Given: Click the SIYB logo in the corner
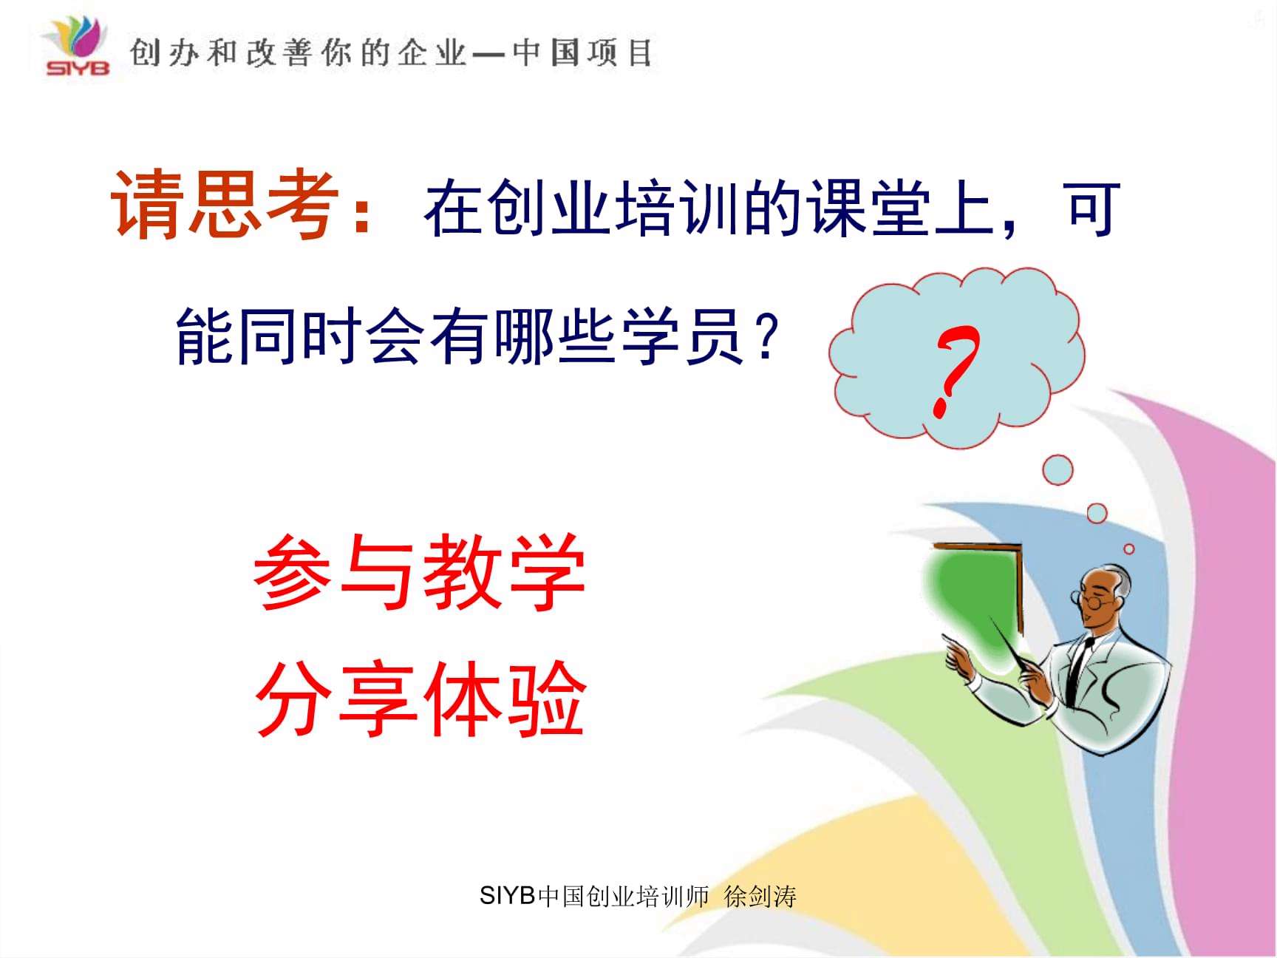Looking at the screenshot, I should point(76,46).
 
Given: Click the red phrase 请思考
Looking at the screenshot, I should point(225,205).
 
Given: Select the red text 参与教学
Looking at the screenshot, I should point(419,573).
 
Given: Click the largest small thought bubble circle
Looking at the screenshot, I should point(1058,470).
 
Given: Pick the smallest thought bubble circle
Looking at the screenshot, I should point(1128,548).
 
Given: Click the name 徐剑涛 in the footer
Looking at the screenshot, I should point(760,897).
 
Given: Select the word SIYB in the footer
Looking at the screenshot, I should point(507,896).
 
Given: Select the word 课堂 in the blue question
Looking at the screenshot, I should point(868,209).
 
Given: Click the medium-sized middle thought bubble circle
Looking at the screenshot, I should point(1097,513).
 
